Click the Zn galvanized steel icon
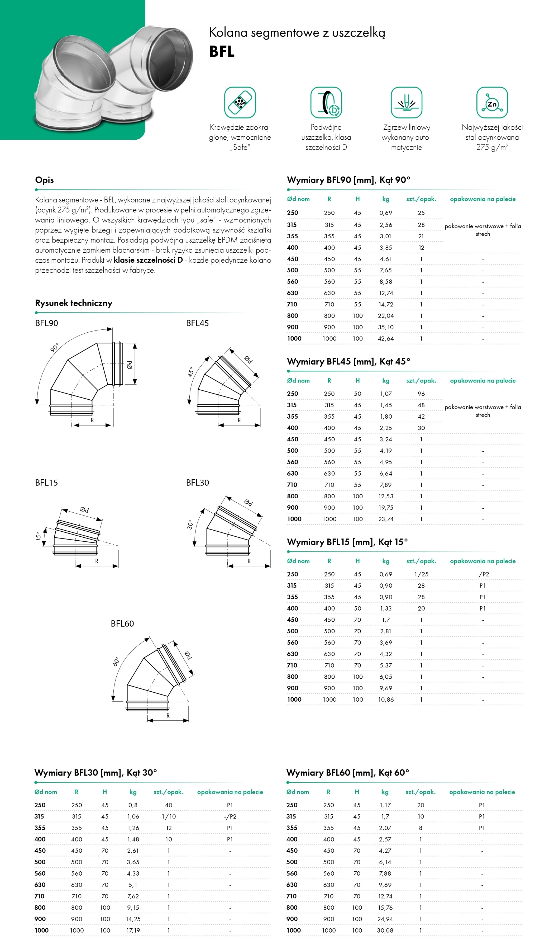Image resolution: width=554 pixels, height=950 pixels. click(492, 102)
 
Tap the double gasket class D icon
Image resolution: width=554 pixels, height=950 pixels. click(326, 102)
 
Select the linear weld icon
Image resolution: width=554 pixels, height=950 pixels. click(406, 102)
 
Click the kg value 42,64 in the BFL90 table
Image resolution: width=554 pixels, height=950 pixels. click(385, 339)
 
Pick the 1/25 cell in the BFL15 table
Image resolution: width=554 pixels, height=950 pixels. click(421, 574)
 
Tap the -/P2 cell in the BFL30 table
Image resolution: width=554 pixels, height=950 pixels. click(230, 816)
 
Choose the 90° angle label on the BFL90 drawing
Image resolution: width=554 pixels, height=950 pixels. click(55, 347)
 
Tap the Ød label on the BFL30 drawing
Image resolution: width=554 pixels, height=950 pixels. click(248, 502)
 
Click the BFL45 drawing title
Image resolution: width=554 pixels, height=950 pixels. click(197, 323)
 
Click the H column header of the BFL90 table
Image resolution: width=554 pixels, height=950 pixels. click(357, 199)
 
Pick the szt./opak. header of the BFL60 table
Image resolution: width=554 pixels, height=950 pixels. click(420, 792)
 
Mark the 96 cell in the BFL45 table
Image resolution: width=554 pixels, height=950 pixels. click(421, 394)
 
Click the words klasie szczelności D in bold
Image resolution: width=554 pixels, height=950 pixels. click(148, 260)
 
